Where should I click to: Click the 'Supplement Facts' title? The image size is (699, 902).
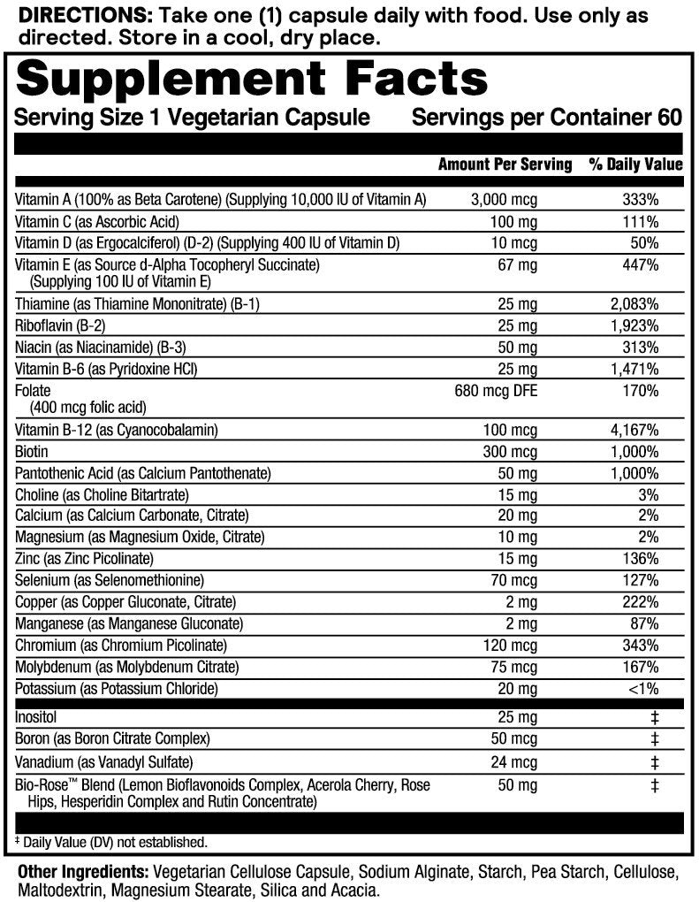[x=252, y=79]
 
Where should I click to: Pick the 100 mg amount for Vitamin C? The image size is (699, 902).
[x=517, y=221]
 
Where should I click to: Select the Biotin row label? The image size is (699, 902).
[x=33, y=451]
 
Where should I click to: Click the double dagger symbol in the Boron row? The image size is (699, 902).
[x=654, y=738]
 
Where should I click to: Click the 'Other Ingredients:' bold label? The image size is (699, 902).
[x=83, y=871]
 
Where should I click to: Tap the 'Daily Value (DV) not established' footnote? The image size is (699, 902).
[x=115, y=843]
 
